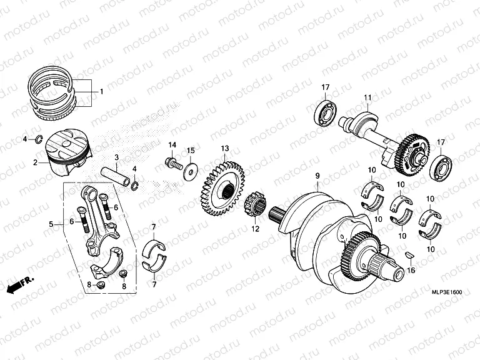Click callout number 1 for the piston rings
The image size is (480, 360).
(x=101, y=92)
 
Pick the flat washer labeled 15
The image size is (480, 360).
(x=188, y=169)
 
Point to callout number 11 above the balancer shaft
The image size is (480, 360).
(x=368, y=97)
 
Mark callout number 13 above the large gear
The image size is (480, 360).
(x=224, y=148)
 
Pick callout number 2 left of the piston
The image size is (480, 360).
(x=36, y=162)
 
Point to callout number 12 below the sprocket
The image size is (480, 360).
(x=254, y=229)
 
